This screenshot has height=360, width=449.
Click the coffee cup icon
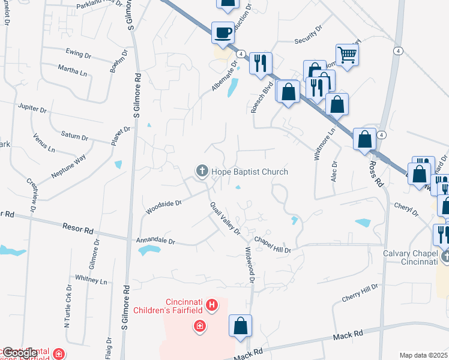click(223, 32)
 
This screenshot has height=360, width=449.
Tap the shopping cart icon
click(347, 55)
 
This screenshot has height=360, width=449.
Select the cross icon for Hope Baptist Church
click(201, 172)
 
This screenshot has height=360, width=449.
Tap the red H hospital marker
click(211, 307)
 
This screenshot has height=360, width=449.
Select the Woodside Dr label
click(163, 207)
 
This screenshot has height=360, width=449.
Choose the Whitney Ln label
click(91, 280)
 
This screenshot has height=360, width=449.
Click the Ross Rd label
click(376, 173)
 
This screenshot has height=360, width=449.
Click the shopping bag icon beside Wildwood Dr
click(240, 326)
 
